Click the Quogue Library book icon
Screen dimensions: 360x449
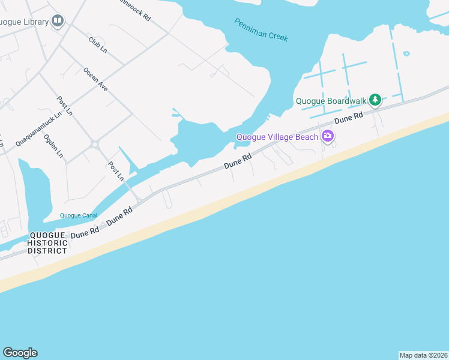(58, 22)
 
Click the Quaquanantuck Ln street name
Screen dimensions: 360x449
(39, 129)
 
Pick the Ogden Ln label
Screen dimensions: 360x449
(53, 146)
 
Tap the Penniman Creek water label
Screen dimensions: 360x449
(261, 29)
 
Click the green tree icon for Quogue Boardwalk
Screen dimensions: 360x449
(375, 100)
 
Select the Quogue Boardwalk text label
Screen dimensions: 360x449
(331, 101)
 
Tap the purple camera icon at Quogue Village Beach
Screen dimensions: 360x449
(327, 136)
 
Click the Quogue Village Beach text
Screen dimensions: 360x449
(277, 137)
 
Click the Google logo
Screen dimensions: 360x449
(20, 353)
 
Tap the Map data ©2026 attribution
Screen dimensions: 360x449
(423, 355)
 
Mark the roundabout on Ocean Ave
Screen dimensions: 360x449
(94, 143)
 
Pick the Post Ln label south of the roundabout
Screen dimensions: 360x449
(116, 171)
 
